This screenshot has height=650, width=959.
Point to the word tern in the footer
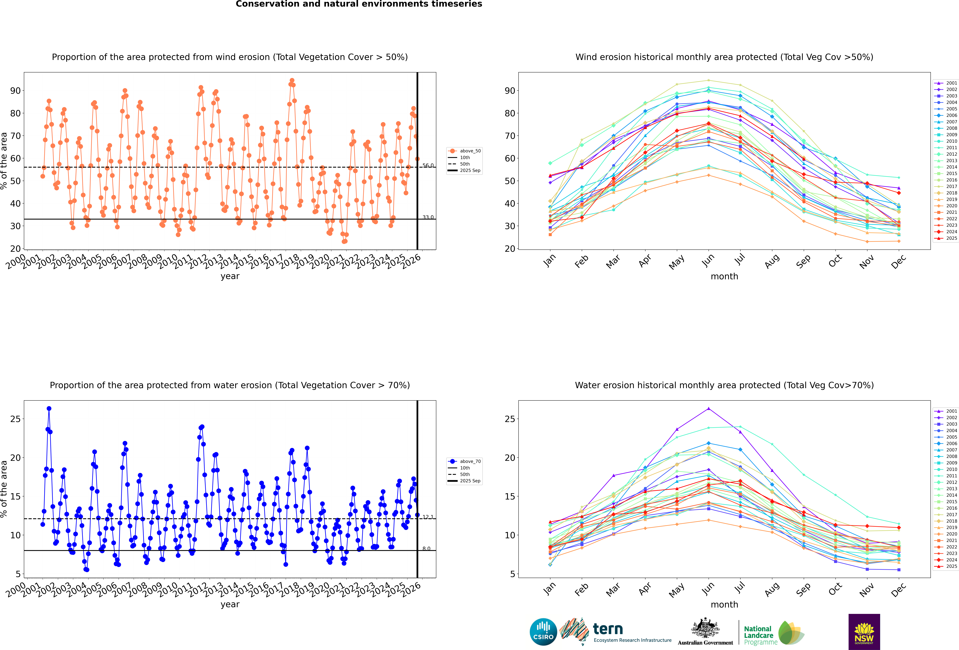click(x=608, y=629)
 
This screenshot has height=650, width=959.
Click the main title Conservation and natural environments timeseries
click(x=359, y=4)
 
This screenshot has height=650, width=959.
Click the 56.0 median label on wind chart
click(x=428, y=166)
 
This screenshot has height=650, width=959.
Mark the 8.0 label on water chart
click(x=426, y=548)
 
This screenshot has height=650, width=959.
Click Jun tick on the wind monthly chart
click(x=708, y=260)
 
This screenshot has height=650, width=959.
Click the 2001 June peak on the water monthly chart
click(x=709, y=409)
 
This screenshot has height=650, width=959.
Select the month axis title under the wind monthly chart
click(x=724, y=277)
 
